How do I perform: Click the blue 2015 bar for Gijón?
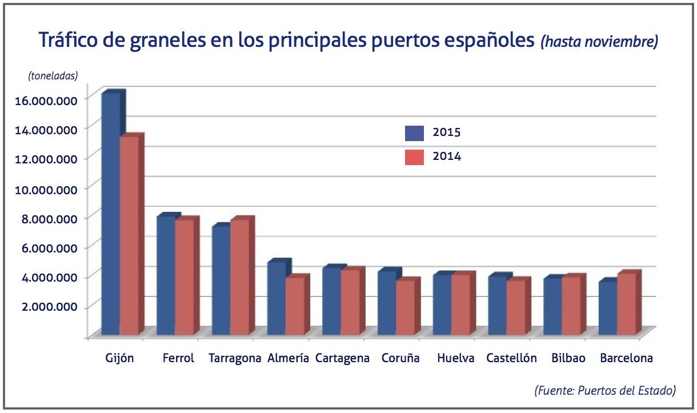111,214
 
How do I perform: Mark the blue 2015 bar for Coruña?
388,303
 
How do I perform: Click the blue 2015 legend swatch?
414,133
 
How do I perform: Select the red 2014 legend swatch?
414,157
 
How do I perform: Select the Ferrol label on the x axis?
178,359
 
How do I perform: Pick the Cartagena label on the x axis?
342,359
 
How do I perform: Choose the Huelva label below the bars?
455,359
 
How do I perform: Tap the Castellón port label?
511,359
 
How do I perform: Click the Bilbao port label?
568,359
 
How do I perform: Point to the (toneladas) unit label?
52,75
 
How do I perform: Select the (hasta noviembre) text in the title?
599,42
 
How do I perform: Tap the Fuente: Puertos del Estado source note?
605,391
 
